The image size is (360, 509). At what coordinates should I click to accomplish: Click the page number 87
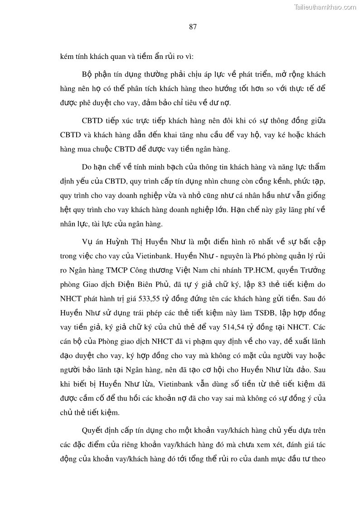point(193,27)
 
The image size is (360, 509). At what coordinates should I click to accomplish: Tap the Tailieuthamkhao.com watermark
point(325,7)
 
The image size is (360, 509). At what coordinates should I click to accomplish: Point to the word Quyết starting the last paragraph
point(92,431)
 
